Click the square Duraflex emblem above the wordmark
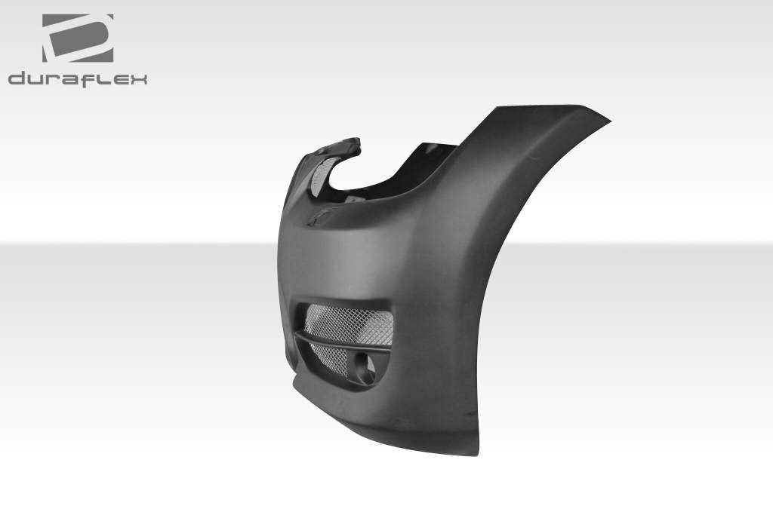[78, 38]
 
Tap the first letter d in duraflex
[17, 78]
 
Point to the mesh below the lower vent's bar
[336, 360]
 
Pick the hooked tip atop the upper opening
[355, 141]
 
